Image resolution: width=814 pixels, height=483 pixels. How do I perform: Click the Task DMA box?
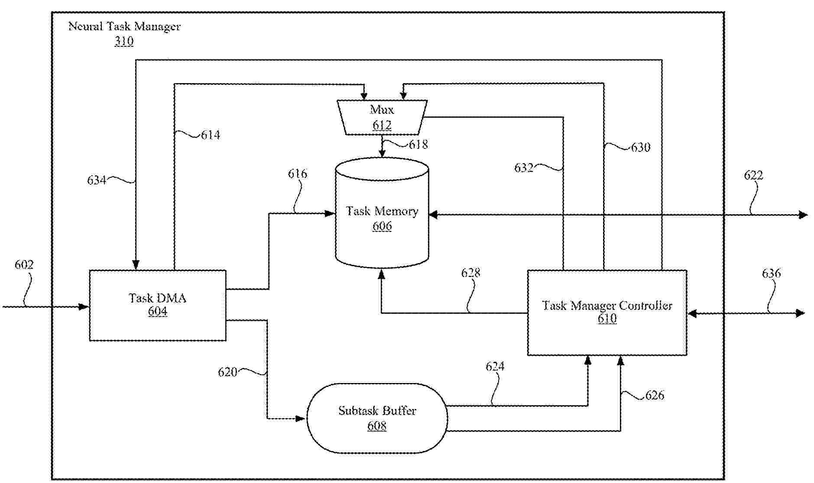click(x=157, y=305)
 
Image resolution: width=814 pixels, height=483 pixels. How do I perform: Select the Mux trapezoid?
click(x=382, y=117)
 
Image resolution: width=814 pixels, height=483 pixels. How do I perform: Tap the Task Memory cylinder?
click(x=382, y=218)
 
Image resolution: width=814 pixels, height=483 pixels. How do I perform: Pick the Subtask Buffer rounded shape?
click(x=377, y=418)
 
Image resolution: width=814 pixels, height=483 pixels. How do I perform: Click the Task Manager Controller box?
click(x=606, y=312)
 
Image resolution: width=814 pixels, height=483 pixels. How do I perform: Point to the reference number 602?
click(x=24, y=265)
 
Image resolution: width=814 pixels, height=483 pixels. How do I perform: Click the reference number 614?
click(x=211, y=135)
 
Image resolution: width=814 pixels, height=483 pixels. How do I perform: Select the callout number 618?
click(x=418, y=145)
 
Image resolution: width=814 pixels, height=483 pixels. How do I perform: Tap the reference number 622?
click(x=753, y=175)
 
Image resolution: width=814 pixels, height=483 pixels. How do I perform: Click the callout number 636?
click(x=771, y=274)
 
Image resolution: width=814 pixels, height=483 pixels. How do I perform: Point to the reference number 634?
click(x=97, y=180)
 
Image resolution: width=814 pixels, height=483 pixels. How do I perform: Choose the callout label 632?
click(x=524, y=168)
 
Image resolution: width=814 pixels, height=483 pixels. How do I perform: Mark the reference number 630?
click(x=640, y=148)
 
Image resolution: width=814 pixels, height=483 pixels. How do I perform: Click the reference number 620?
click(x=227, y=372)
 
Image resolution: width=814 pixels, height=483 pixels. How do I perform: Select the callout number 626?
click(x=655, y=395)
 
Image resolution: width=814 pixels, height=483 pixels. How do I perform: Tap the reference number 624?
click(x=495, y=367)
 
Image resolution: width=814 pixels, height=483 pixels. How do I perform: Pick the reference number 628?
click(x=470, y=273)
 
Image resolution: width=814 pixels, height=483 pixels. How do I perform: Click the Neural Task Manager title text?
click(x=124, y=26)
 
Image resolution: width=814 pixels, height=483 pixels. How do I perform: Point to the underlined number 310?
click(x=124, y=42)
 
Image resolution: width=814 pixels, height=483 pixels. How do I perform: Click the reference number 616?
click(x=298, y=174)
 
